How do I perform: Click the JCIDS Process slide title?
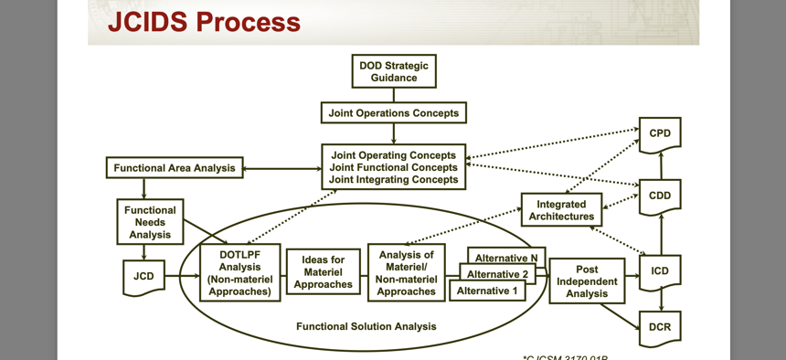click(x=204, y=22)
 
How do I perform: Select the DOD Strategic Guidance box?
click(x=394, y=71)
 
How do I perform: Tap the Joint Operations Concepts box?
click(x=394, y=112)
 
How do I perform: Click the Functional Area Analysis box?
click(x=174, y=168)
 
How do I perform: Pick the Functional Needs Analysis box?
click(x=150, y=222)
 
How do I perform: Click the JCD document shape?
click(x=143, y=277)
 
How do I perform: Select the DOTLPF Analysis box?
click(x=239, y=273)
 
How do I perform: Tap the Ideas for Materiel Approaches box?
click(x=323, y=272)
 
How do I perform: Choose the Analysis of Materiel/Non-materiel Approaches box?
click(x=406, y=272)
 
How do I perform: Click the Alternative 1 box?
click(x=487, y=291)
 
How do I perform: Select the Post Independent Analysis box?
click(x=587, y=281)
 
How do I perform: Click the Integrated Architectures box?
click(x=561, y=210)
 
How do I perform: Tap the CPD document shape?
click(x=659, y=134)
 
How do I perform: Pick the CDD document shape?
click(x=659, y=196)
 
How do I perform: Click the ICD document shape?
click(x=659, y=272)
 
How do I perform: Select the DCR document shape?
click(x=659, y=328)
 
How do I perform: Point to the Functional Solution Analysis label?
click(x=366, y=326)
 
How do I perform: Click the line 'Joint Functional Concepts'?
click(x=394, y=167)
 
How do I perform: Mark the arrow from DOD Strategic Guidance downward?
click(x=394, y=94)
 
